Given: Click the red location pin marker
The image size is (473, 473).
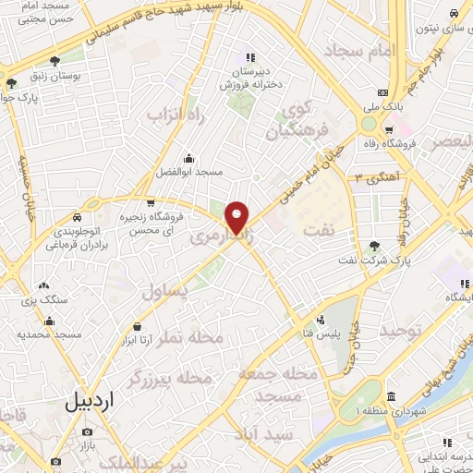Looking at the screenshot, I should pyautogui.click(x=237, y=216).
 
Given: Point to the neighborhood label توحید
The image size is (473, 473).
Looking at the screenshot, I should pyautogui.click(x=406, y=330).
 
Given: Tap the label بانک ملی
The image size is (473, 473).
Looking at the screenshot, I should pyautogui.click(x=382, y=106).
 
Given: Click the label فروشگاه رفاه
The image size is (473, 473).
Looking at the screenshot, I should pyautogui.click(x=412, y=143).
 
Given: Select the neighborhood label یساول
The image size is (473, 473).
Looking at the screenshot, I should pyautogui.click(x=165, y=292).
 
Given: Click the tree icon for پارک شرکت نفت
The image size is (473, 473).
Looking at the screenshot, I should pyautogui.click(x=373, y=246).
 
